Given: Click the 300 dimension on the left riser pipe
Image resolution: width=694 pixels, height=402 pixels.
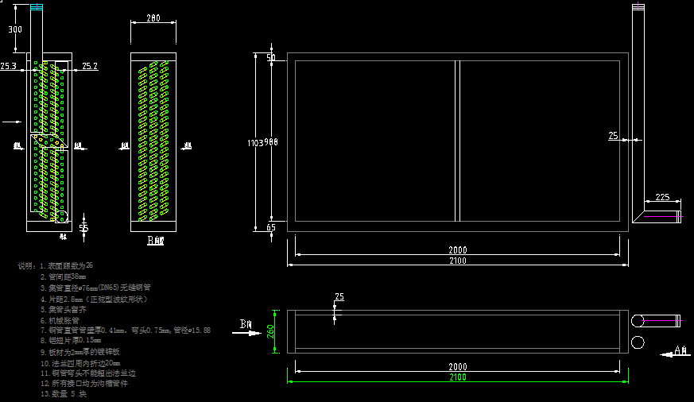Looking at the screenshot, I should point(15,30).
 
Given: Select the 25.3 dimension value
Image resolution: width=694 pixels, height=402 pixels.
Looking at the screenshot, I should point(8,67).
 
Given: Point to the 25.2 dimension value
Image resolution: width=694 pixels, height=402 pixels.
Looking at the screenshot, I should point(90,67).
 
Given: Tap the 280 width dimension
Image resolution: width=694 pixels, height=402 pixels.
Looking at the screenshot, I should point(153,18).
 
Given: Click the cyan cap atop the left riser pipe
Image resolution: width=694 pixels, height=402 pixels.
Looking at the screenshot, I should point(37,8).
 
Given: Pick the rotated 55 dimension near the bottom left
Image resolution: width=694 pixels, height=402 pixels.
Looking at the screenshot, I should point(83,228).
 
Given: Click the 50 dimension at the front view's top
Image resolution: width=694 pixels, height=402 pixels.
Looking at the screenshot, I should point(271,58).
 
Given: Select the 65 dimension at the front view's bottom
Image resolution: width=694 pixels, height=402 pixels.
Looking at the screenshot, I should point(271,227).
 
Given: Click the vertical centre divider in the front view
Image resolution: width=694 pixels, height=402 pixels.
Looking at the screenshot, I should point(457,141).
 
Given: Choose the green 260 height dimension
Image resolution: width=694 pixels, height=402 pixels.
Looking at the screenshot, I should point(269,330).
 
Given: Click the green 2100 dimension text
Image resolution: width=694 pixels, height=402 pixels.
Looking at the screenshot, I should point(457,377).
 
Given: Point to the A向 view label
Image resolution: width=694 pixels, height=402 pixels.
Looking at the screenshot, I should point(680,350).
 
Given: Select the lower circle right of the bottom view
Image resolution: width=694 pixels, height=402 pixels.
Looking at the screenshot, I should point(638,342).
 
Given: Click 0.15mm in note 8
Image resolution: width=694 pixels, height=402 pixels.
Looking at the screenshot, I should point(89,340).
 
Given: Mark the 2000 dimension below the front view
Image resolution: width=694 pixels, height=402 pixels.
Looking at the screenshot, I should point(457,249).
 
